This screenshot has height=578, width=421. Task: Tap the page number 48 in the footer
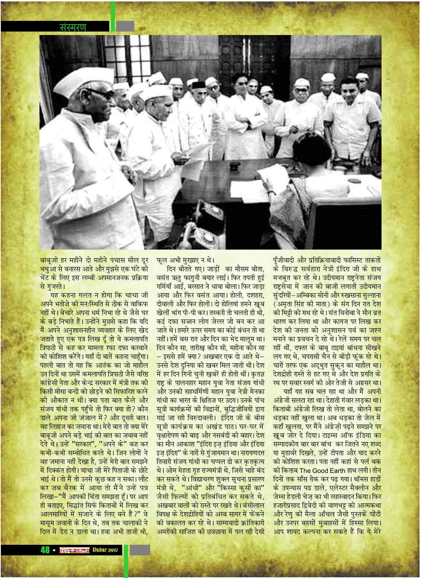[x=45, y=550]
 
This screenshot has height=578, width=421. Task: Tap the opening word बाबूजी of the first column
[x=48, y=261]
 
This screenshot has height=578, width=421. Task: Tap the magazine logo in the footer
[x=75, y=550]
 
